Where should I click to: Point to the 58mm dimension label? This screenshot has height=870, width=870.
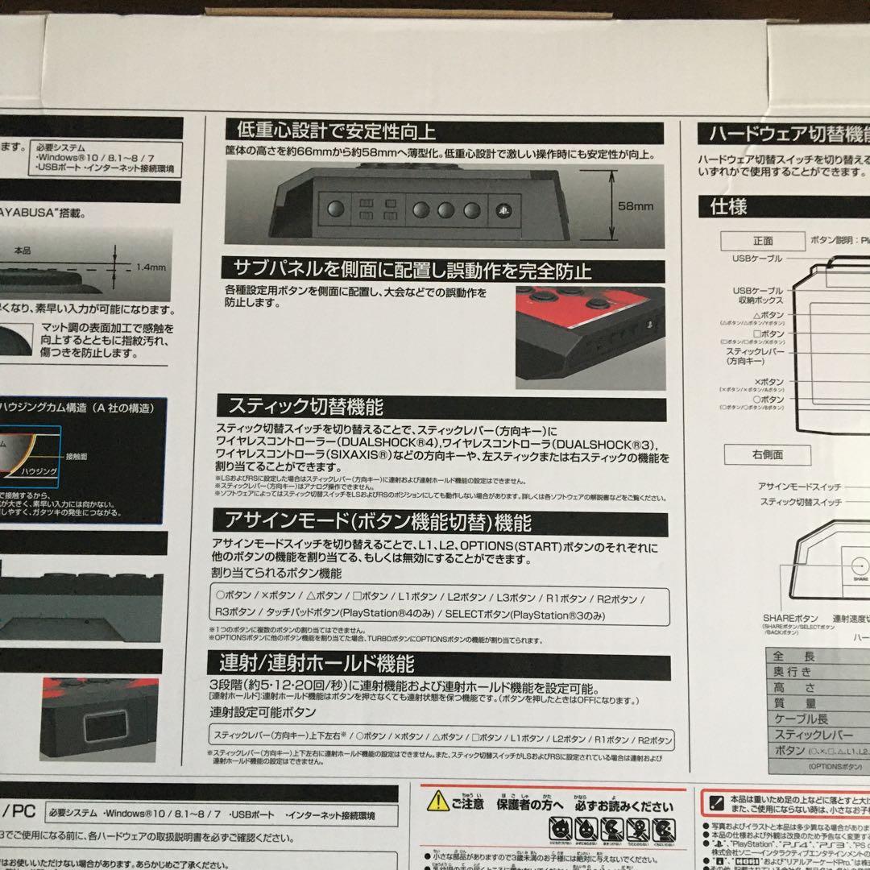(636, 207)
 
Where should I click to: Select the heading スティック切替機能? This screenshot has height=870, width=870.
(306, 405)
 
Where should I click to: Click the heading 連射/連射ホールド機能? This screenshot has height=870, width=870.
(317, 664)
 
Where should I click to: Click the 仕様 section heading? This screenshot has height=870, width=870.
(728, 206)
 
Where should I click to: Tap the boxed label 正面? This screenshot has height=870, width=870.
(763, 240)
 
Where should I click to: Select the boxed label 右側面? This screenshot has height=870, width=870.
(767, 455)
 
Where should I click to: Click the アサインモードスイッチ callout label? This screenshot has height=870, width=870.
(799, 487)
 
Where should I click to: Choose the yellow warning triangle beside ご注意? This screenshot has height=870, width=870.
(437, 801)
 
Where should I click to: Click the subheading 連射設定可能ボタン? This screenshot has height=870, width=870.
(263, 713)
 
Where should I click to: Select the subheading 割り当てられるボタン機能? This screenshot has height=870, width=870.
(276, 574)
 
